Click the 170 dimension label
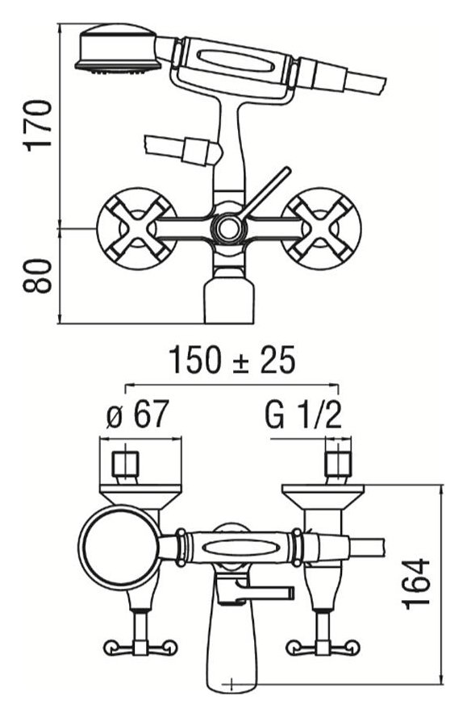38,126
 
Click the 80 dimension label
38,276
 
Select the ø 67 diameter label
138,414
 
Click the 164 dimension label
416,583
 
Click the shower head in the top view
118,48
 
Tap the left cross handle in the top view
137,227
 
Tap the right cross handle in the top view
321,227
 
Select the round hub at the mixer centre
227,227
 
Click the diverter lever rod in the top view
265,193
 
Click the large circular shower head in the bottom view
120,548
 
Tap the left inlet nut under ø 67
125,464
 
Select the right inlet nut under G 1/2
338,464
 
